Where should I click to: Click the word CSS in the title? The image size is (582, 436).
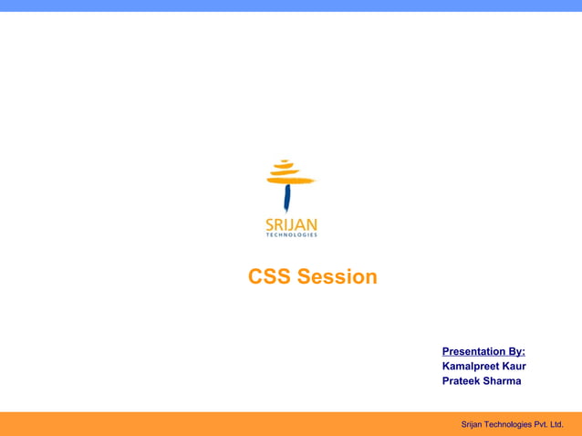(270, 277)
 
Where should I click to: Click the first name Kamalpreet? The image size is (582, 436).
(471, 367)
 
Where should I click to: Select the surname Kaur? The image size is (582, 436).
(514, 367)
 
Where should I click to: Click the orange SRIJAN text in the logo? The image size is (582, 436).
(291, 224)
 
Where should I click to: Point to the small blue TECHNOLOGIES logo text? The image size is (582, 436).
(291, 235)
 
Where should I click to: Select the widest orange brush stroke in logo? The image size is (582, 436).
(290, 181)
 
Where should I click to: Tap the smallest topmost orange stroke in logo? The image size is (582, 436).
(285, 162)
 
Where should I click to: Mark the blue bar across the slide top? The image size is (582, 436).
(291, 5)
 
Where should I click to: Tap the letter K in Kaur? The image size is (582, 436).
(505, 367)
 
